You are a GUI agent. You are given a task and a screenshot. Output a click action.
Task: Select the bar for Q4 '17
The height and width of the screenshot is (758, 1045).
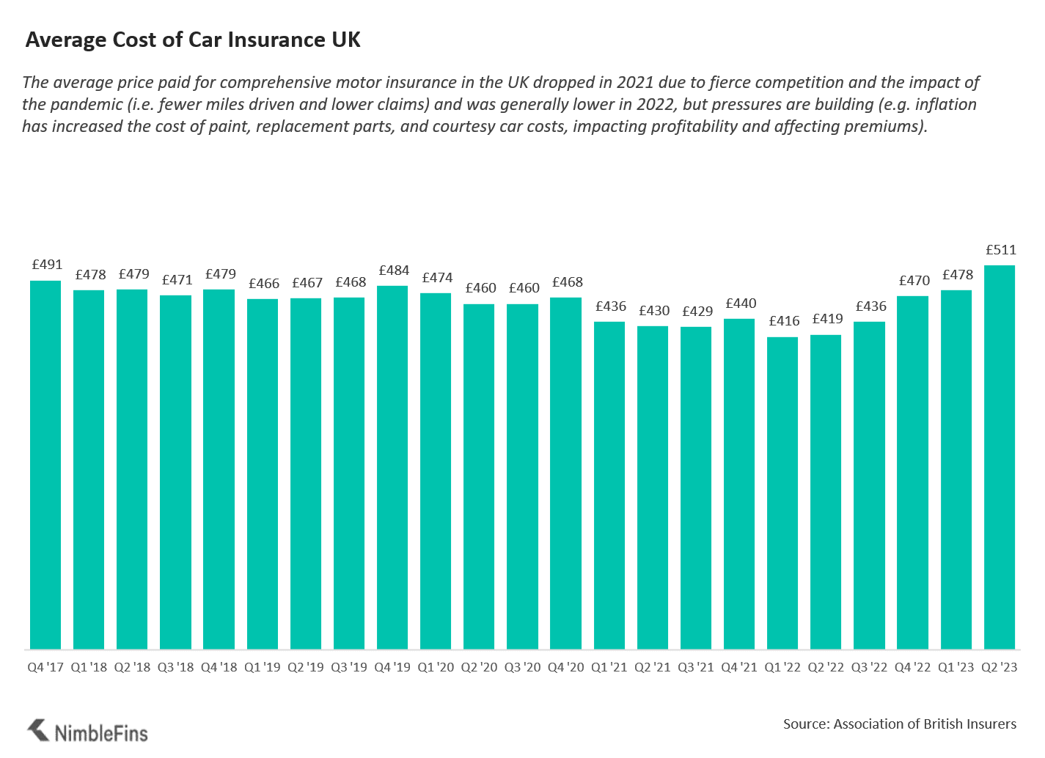point(45,465)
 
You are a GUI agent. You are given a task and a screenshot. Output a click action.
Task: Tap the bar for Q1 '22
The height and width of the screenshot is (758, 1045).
point(782,493)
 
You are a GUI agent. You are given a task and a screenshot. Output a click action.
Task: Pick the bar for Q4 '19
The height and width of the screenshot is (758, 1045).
point(392,467)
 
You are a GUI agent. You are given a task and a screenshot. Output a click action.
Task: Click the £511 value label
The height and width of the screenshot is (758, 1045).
point(1001,250)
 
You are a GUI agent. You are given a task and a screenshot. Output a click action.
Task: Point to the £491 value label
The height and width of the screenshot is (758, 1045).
point(47,265)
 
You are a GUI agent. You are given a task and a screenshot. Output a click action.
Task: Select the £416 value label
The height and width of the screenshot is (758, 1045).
point(784,321)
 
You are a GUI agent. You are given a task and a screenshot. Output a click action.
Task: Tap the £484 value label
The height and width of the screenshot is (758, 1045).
point(394,271)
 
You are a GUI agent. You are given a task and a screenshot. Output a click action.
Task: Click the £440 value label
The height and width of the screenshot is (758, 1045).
point(741,303)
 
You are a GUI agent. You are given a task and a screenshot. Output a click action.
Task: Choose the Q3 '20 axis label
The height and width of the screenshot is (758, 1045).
point(522,668)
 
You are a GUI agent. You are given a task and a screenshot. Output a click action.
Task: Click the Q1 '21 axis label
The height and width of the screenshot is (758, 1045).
point(609,668)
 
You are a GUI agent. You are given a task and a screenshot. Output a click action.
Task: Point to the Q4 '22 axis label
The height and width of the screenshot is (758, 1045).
point(912,668)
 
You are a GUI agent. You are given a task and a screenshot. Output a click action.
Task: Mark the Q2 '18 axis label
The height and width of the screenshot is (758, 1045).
point(132,668)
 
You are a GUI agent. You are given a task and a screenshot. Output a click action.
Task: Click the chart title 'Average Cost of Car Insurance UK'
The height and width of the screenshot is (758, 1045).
point(193,40)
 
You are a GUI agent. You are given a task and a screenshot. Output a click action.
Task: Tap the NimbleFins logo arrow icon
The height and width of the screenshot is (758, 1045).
point(38,730)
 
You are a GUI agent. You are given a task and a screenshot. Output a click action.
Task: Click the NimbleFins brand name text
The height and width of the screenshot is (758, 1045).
point(101,733)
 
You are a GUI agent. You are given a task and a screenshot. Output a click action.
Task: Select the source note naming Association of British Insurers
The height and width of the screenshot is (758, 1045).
point(899,724)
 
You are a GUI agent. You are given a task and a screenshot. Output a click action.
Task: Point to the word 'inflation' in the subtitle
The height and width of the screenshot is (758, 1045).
point(946,105)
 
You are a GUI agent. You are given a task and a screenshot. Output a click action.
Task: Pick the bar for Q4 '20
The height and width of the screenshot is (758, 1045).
point(565,473)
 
